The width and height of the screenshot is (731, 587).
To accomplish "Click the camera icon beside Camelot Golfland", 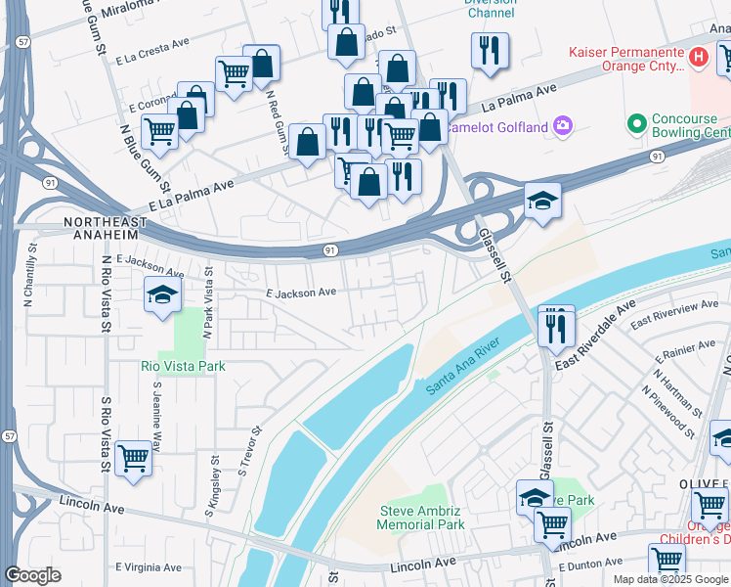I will click(x=562, y=125).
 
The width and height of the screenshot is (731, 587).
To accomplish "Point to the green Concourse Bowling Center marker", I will click(x=637, y=124).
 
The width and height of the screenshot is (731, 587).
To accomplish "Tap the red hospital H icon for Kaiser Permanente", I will click(x=698, y=57).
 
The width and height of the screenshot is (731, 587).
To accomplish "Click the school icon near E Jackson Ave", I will click(x=162, y=294).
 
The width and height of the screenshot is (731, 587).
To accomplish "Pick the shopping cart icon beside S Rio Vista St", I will click(x=133, y=457).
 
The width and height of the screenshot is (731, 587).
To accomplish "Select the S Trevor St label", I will click(x=248, y=452).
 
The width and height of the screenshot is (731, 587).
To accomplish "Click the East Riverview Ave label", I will click(x=673, y=314).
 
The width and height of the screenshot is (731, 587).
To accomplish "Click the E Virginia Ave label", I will click(x=149, y=566).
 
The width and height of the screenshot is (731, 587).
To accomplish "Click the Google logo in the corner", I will click(x=32, y=575).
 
